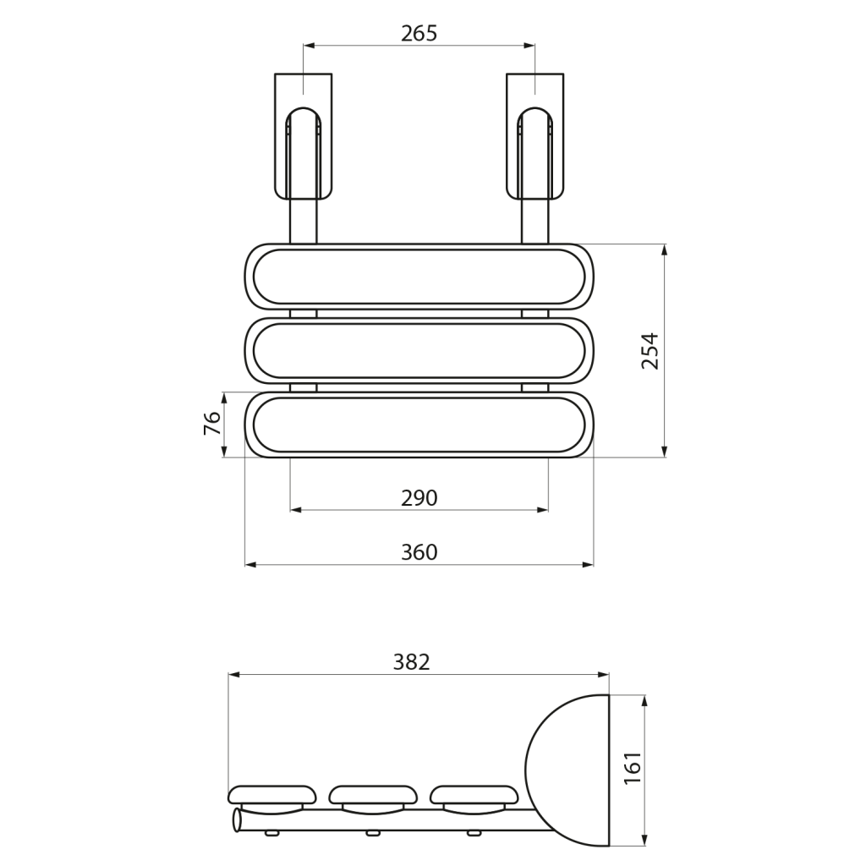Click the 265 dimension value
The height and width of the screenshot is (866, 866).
click(419, 34)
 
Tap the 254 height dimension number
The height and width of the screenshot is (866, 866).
click(650, 351)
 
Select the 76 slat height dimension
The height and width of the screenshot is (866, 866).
click(212, 424)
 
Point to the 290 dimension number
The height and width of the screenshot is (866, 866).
click(419, 498)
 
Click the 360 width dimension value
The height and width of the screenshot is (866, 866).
click(419, 551)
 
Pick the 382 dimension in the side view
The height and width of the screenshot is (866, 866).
click(412, 661)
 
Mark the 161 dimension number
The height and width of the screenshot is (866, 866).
click(632, 767)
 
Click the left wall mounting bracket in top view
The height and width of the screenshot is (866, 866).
click(304, 136)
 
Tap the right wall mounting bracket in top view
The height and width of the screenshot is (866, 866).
click(535, 136)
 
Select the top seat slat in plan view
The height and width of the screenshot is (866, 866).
click(419, 277)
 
